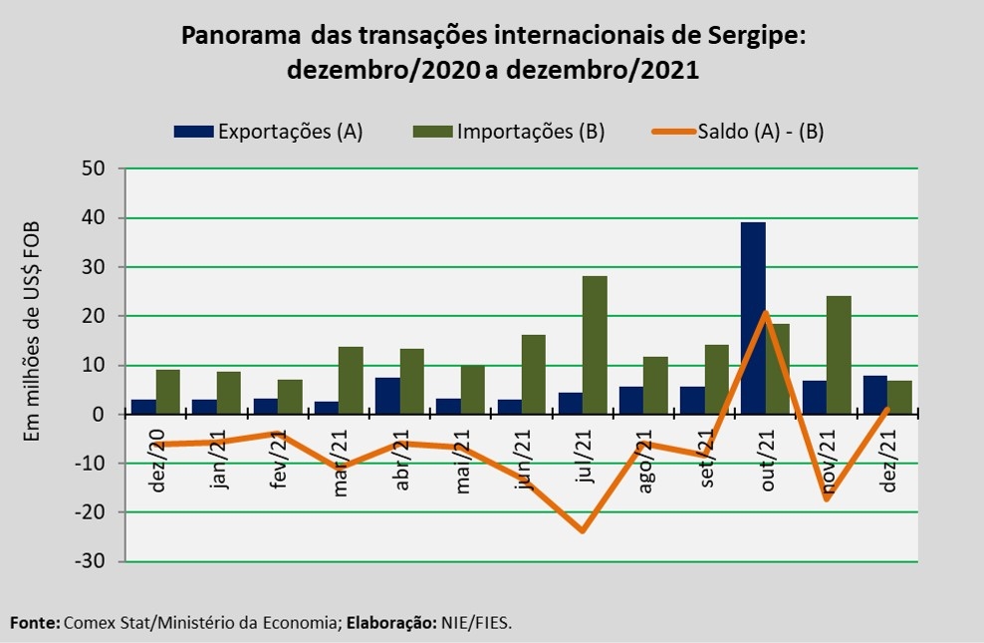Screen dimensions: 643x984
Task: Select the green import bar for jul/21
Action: [595, 345]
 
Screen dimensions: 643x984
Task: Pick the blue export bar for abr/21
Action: [387, 396]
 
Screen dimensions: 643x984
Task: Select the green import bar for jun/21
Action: [534, 374]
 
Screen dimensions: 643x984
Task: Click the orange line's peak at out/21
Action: [765, 313]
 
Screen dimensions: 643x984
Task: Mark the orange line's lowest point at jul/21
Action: [582, 530]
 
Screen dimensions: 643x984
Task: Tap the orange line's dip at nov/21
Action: [826, 498]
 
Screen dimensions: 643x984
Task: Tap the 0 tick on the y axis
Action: [100, 415]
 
